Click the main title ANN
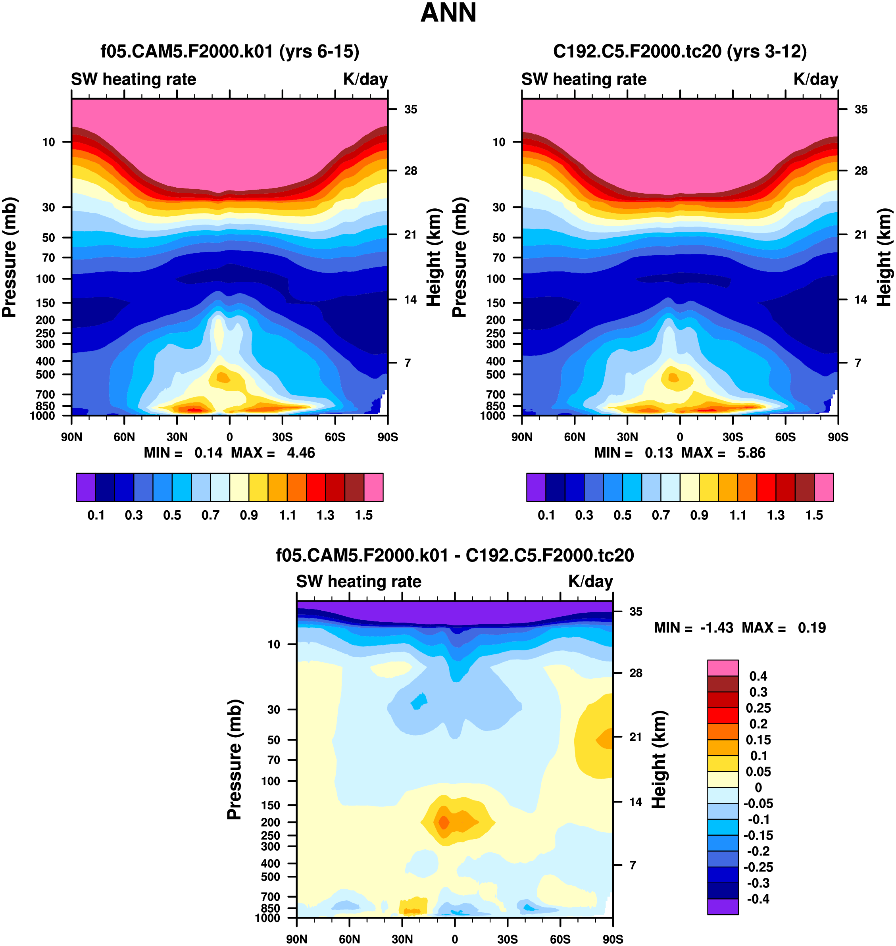coord(448,13)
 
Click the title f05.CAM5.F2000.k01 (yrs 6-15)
coord(229,52)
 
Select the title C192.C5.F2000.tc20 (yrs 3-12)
coord(680,52)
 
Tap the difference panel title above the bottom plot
coord(455,556)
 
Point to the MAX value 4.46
coord(301,453)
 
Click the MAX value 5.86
coord(751,453)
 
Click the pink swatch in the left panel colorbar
coord(373,487)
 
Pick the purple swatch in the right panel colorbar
coord(536,487)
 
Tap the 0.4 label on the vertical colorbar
coord(758,676)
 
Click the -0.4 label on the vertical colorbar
coord(758,899)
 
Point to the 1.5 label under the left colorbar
coord(363,515)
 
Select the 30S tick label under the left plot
coord(282,437)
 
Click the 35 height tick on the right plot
coord(861,110)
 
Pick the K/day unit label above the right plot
coord(815,79)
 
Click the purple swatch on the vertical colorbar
coord(723,907)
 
